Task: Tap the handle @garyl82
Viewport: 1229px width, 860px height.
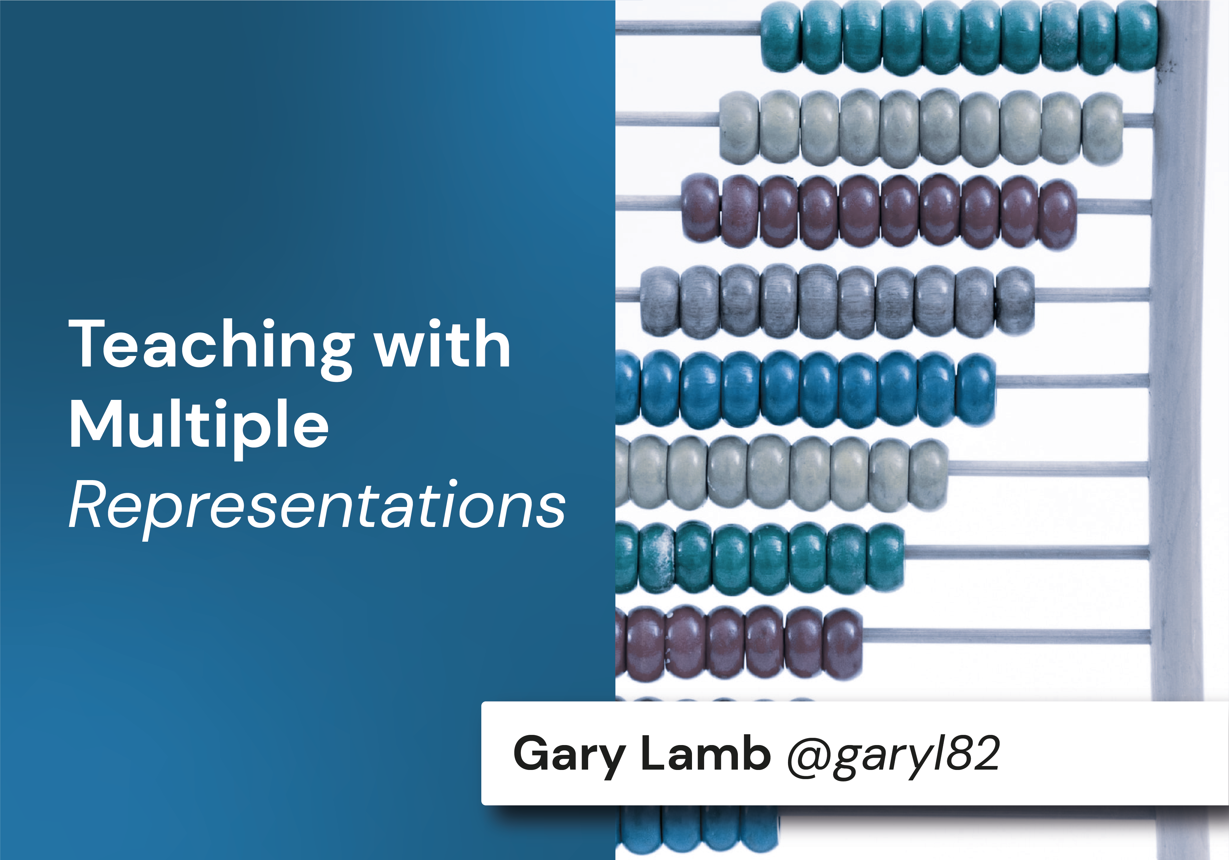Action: pos(893,754)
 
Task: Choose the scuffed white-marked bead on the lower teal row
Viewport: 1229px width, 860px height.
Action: pos(657,558)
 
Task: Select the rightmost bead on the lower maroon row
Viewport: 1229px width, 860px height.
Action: pos(842,644)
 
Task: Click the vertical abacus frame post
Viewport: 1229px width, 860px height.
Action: pos(1180,375)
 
